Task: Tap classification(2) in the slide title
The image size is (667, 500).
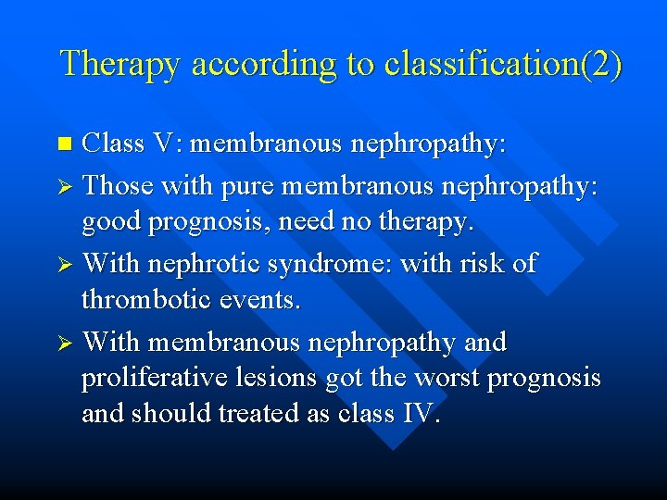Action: (x=503, y=64)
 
